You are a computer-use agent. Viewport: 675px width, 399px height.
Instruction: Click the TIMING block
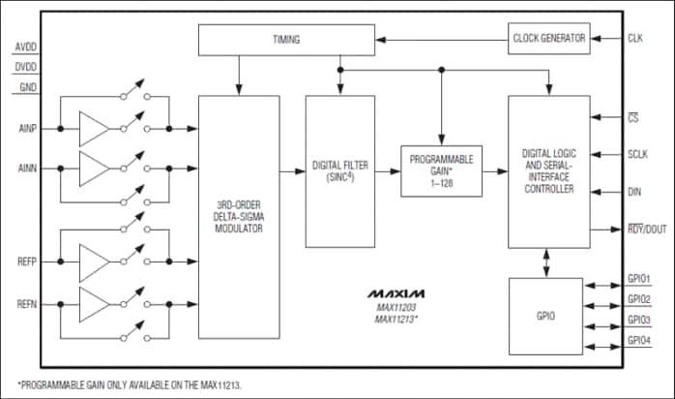click(285, 40)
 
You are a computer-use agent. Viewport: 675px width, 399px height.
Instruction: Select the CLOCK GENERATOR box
click(548, 38)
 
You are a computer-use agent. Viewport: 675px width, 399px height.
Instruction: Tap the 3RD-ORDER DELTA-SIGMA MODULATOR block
click(237, 216)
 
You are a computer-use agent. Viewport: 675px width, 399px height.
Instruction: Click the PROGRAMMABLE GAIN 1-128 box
click(441, 170)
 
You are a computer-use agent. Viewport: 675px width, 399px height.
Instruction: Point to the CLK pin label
click(634, 39)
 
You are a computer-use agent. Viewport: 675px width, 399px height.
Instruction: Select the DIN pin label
click(634, 192)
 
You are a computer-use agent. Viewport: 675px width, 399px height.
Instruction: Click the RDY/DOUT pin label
click(645, 229)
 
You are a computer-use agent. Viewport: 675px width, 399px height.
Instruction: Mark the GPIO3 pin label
click(638, 320)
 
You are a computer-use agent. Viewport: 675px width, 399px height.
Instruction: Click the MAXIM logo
click(394, 292)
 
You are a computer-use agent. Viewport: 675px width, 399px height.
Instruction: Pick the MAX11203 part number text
click(394, 307)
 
